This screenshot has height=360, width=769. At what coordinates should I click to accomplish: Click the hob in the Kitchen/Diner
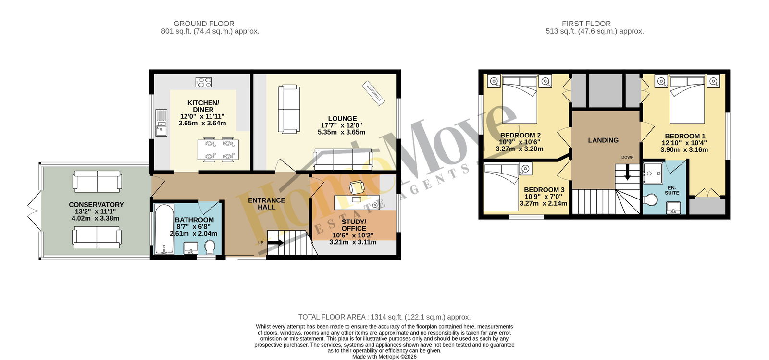(204, 82)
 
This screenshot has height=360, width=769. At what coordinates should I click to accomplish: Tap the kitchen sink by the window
(161, 123)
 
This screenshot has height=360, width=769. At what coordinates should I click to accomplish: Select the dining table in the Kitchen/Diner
(218, 149)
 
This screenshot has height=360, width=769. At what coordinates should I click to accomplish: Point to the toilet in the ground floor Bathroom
(210, 247)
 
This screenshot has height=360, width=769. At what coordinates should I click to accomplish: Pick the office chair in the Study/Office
(356, 187)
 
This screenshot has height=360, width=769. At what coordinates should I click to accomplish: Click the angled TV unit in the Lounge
(373, 93)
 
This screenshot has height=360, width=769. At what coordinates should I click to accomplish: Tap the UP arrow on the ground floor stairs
(275, 243)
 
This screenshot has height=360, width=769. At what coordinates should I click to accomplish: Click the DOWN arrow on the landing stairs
(627, 172)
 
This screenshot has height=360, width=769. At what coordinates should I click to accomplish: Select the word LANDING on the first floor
(603, 140)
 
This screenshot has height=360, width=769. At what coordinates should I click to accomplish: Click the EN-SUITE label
(672, 190)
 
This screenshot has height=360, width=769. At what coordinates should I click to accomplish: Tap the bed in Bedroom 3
(501, 187)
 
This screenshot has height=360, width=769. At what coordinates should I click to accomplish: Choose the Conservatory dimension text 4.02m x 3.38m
(96, 218)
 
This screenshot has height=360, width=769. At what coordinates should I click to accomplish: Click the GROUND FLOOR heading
(204, 24)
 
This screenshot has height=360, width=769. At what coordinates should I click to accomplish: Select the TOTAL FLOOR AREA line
(384, 317)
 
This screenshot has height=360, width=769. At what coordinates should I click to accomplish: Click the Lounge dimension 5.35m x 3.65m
(342, 132)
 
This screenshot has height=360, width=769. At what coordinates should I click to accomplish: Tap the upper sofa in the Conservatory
(97, 182)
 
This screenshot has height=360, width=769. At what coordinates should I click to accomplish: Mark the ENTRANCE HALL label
(267, 203)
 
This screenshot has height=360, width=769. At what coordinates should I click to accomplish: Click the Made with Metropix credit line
(384, 357)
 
